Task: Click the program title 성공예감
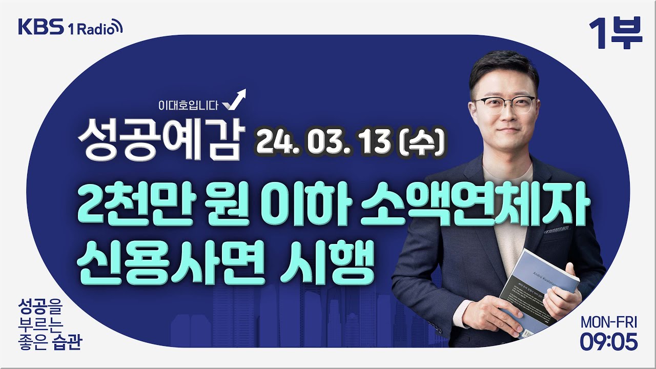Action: pos(159,136)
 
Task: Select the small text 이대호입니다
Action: pos(189,106)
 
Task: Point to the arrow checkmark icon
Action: pos(234,100)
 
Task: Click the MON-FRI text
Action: pos(609,322)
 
